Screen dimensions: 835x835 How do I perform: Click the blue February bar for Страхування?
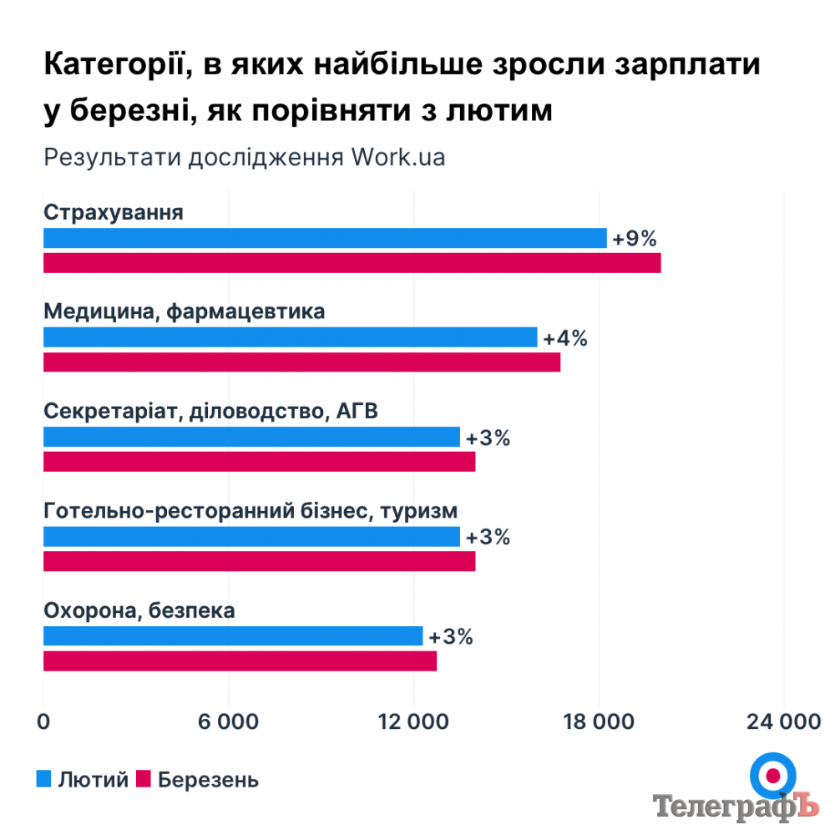pos(325,238)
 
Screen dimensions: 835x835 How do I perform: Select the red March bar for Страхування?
pos(352,263)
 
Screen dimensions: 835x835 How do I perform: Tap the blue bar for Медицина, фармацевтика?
pos(290,337)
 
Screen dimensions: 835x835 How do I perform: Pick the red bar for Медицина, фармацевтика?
pos(301,362)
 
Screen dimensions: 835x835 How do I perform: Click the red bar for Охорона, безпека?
pos(240,661)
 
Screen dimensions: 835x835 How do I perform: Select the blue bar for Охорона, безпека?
pos(233,636)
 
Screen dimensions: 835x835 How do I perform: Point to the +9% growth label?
pos(635,239)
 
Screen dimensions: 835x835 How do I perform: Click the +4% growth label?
pos(565,338)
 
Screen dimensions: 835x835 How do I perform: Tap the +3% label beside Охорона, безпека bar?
pos(451,637)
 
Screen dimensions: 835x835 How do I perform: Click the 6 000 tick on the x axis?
pos(228,723)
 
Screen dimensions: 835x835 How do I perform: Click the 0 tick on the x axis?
pos(43,723)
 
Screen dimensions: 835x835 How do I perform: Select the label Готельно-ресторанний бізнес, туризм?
pos(250,511)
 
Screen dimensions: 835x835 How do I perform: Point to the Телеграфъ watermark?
pos(733,806)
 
